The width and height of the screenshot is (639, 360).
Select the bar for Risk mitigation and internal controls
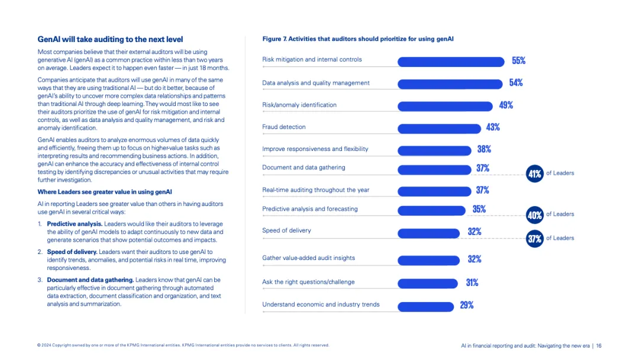(x=452, y=61)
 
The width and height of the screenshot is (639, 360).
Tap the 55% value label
(x=518, y=60)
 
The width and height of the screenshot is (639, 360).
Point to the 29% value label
(x=466, y=305)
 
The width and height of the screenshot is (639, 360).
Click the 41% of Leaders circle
(x=534, y=173)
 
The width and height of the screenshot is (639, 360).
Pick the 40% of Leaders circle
(x=534, y=214)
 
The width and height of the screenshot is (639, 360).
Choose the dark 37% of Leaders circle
(x=534, y=239)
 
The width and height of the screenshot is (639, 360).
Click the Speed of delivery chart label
(x=286, y=230)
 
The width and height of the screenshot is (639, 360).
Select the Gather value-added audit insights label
(x=308, y=258)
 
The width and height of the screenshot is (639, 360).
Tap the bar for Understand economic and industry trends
(x=425, y=306)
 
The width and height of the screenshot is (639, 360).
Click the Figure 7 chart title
(x=358, y=39)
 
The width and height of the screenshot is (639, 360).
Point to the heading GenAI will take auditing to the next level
(x=110, y=39)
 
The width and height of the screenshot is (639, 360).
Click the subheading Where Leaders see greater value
(x=105, y=191)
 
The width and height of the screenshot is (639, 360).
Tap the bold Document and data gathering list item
(x=90, y=279)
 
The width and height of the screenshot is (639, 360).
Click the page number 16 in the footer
(x=599, y=346)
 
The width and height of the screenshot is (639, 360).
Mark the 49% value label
(x=506, y=105)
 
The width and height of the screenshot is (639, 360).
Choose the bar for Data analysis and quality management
(x=451, y=83)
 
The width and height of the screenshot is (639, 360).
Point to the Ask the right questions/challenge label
(x=308, y=282)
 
